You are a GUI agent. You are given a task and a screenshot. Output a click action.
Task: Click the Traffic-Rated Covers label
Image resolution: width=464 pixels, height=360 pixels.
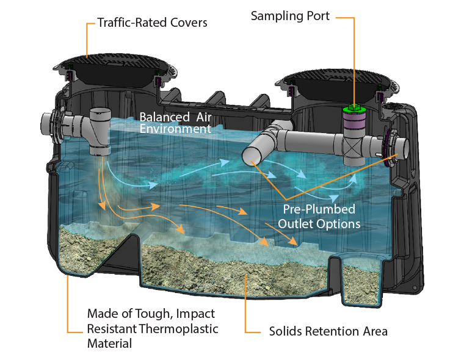point(152,24)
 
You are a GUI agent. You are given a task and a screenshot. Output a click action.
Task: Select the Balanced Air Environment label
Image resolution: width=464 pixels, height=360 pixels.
point(175,122)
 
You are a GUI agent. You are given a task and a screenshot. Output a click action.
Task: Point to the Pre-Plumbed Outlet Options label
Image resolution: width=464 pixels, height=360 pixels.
point(319,217)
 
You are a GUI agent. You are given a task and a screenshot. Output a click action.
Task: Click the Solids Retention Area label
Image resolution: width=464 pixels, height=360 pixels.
point(328,332)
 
